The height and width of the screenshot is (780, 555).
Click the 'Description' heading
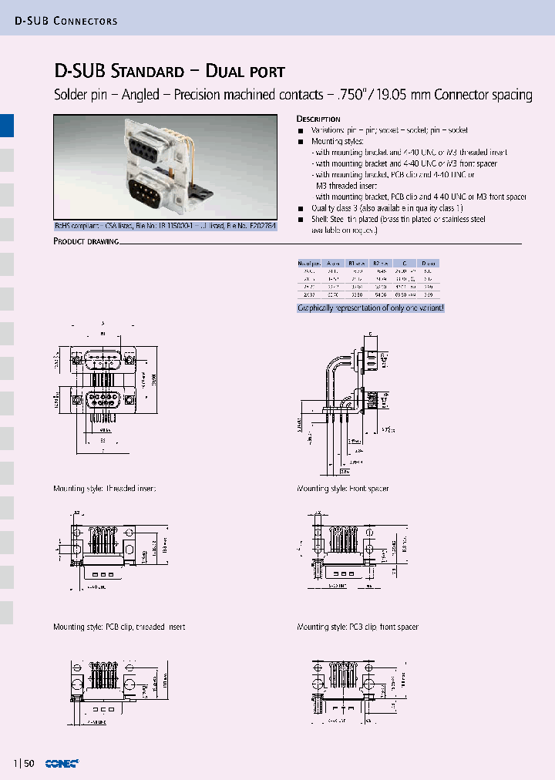point(318,119)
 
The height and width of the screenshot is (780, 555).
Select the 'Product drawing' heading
point(86,241)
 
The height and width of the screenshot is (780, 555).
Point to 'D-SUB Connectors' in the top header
point(66,21)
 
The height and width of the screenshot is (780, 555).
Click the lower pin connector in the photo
point(146,190)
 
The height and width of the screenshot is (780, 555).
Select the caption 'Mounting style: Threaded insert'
point(104,489)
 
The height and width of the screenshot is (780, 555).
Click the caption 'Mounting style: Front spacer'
point(343,489)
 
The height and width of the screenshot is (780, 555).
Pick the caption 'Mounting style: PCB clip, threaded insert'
point(119,627)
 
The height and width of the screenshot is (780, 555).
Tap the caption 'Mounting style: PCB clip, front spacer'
point(358,627)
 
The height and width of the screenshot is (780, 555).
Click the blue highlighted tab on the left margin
point(7,126)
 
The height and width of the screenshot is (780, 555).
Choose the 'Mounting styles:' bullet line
point(337,142)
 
